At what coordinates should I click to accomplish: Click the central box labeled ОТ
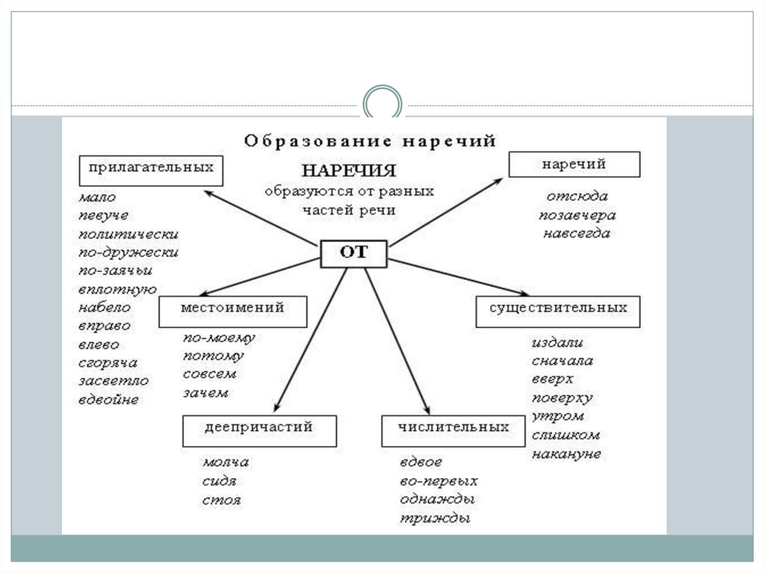pyautogui.click(x=353, y=254)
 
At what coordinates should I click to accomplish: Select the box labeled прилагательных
pyautogui.click(x=151, y=169)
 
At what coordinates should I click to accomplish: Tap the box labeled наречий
pyautogui.click(x=574, y=164)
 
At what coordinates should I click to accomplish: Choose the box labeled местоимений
pyautogui.click(x=233, y=311)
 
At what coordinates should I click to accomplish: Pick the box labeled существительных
pyautogui.click(x=558, y=311)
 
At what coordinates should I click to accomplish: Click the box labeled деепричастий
pyautogui.click(x=258, y=430)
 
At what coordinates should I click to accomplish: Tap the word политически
pyautogui.click(x=128, y=233)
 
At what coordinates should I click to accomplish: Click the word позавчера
pyautogui.click(x=577, y=216)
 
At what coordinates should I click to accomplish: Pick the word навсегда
pyautogui.click(x=577, y=234)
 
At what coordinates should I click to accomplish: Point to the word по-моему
pyautogui.click(x=219, y=338)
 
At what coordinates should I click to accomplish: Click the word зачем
pyautogui.click(x=205, y=393)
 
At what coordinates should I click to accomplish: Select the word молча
pyautogui.click(x=225, y=462)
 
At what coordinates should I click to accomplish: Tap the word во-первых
pyautogui.click(x=439, y=481)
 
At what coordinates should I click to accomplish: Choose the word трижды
pyautogui.click(x=434, y=518)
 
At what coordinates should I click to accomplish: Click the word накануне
pyautogui.click(x=566, y=453)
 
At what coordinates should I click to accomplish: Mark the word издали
pyautogui.click(x=557, y=344)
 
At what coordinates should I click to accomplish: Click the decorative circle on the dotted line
pyautogui.click(x=382, y=103)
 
